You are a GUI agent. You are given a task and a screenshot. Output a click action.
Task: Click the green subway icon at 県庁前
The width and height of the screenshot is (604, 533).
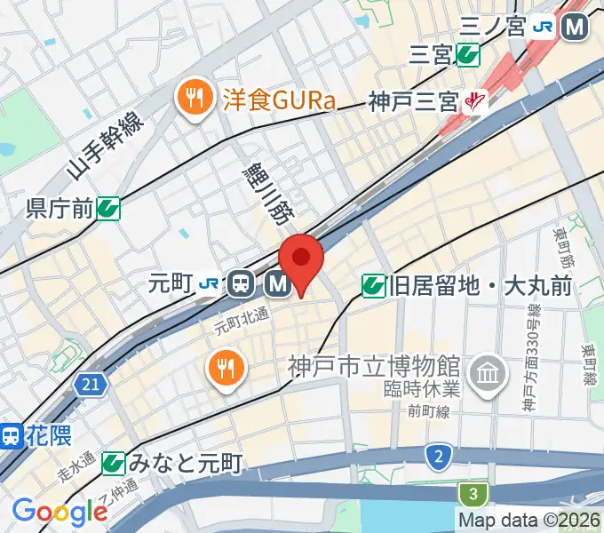coord(108,209)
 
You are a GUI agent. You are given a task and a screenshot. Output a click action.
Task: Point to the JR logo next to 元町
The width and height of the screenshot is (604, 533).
coord(210,283)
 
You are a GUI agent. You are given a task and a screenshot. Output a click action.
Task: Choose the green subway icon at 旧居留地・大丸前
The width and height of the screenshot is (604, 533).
coord(373,286)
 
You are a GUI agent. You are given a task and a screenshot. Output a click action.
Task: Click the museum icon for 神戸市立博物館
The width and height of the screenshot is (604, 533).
coord(487,370)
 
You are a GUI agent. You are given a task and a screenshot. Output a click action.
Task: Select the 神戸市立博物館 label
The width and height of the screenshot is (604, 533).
coord(373,365)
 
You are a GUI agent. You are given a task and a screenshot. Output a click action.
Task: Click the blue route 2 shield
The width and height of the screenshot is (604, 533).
coord(437,457)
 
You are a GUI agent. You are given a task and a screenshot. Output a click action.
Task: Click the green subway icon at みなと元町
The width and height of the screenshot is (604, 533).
coord(113,463)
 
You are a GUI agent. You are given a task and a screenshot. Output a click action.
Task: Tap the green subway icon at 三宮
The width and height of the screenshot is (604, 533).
coord(467,56)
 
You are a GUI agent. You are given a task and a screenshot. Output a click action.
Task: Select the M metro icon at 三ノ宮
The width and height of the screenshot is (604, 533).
coord(576,28)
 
